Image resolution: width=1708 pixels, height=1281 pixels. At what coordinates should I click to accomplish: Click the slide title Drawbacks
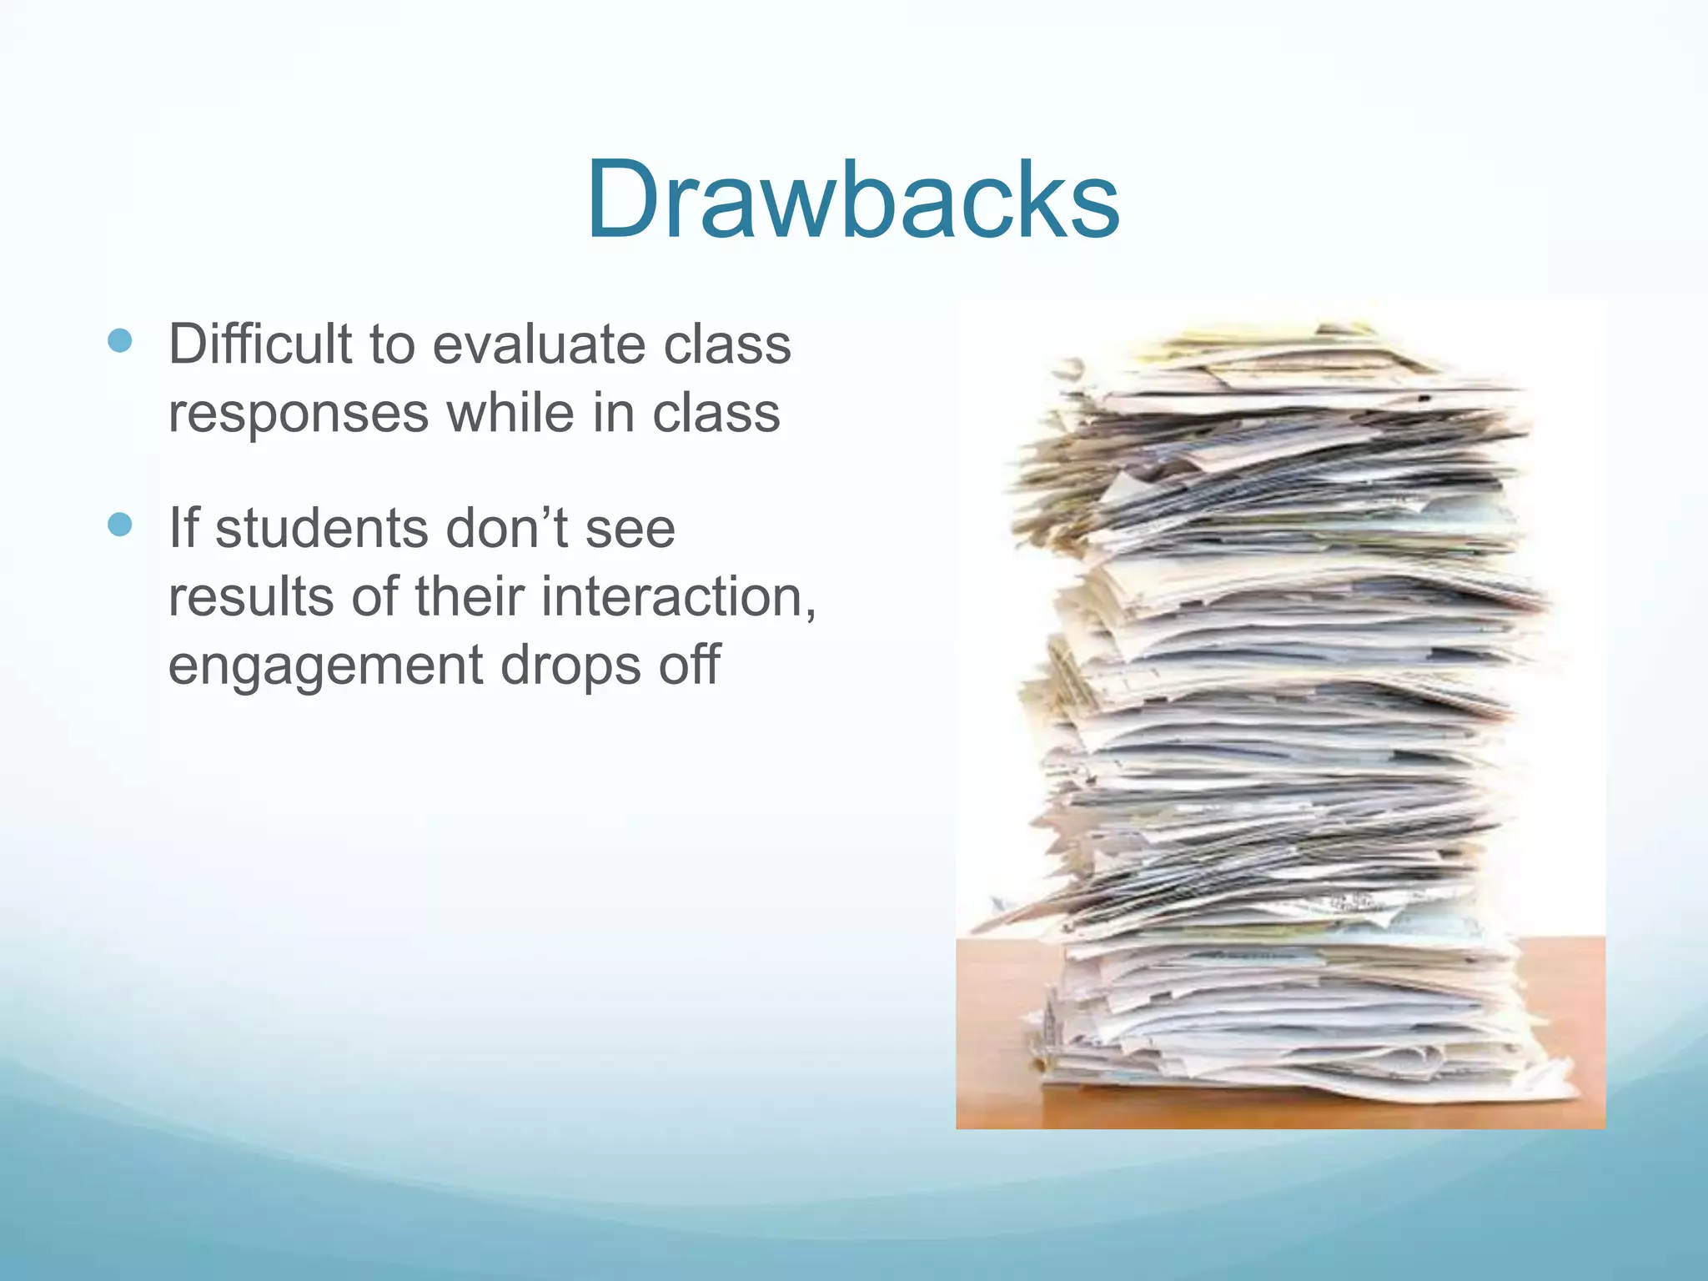[852, 201]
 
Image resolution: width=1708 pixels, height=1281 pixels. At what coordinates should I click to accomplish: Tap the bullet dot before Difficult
[120, 340]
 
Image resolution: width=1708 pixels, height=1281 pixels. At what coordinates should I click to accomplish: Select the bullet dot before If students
[120, 525]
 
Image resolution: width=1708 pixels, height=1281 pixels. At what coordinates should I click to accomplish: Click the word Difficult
[260, 344]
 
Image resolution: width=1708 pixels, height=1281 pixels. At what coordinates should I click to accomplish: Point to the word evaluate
[539, 344]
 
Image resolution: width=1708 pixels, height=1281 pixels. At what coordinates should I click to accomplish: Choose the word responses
[299, 413]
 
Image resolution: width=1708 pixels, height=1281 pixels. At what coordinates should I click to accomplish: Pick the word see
[630, 529]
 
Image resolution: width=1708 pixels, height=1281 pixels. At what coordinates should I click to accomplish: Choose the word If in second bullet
[183, 529]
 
